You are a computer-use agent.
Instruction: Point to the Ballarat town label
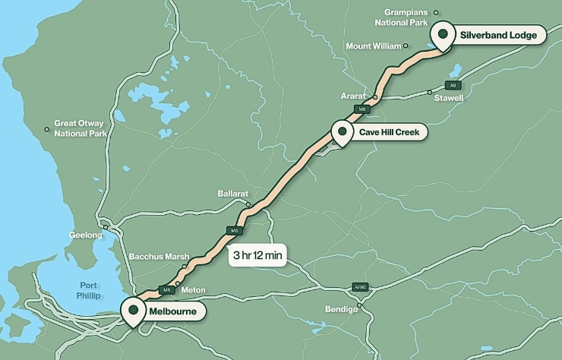point(232,194)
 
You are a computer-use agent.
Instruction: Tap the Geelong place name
point(85,235)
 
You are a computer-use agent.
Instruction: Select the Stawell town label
point(447,99)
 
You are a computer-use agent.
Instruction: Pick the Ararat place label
point(354,97)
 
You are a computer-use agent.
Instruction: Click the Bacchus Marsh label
point(158,256)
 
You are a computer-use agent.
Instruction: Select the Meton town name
point(193,289)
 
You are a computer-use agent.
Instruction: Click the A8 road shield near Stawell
point(453,85)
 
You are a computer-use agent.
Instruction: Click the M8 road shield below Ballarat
point(235,230)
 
